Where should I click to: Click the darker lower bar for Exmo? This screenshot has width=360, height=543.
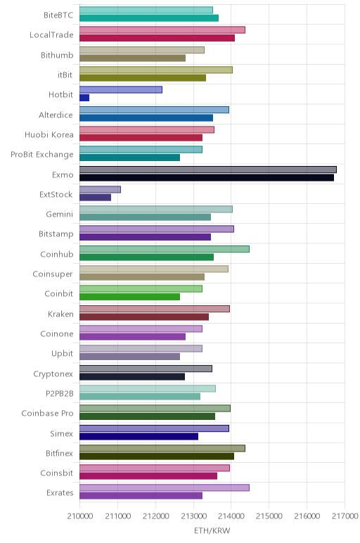pyautogui.click(x=207, y=178)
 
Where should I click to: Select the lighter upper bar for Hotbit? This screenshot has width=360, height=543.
pyautogui.click(x=121, y=90)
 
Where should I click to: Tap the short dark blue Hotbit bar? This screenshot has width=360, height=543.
pyautogui.click(x=84, y=98)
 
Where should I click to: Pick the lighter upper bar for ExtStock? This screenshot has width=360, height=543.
pyautogui.click(x=100, y=189)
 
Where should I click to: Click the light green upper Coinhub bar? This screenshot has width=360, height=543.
pyautogui.click(x=165, y=249)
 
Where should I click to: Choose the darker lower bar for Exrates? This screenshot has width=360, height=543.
pyautogui.click(x=141, y=496)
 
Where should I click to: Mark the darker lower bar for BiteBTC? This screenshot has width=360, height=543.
pyautogui.click(x=149, y=18)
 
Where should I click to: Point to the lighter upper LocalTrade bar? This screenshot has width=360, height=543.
pyautogui.click(x=162, y=30)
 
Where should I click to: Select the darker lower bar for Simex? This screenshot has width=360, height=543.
pyautogui.click(x=139, y=436)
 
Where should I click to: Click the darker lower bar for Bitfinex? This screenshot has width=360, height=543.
pyautogui.click(x=157, y=456)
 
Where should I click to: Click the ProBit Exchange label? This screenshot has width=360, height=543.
pyautogui.click(x=42, y=155)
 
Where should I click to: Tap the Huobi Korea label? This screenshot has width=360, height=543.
pyautogui.click(x=49, y=134)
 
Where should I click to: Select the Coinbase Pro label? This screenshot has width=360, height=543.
pyautogui.click(x=47, y=413)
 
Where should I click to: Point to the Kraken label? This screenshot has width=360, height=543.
pyautogui.click(x=60, y=314)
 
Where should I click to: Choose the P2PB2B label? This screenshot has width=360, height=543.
pyautogui.click(x=60, y=393)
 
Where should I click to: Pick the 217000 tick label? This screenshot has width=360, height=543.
pyautogui.click(x=345, y=516)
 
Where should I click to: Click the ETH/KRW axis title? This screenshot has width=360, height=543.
pyautogui.click(x=212, y=530)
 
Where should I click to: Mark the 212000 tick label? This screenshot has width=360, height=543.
pyautogui.click(x=155, y=516)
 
